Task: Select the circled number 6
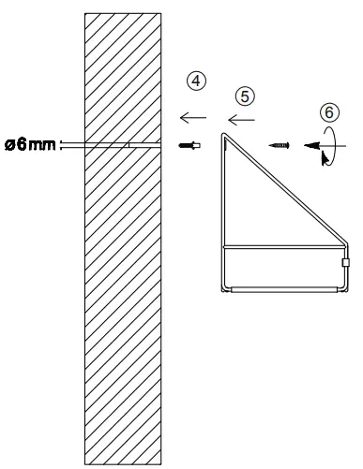(x=326, y=110)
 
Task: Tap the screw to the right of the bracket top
(x=279, y=145)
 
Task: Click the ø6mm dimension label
(x=29, y=145)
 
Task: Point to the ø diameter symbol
(x=8, y=145)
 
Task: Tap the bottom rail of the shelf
(x=281, y=289)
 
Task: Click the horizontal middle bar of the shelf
(x=281, y=245)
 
